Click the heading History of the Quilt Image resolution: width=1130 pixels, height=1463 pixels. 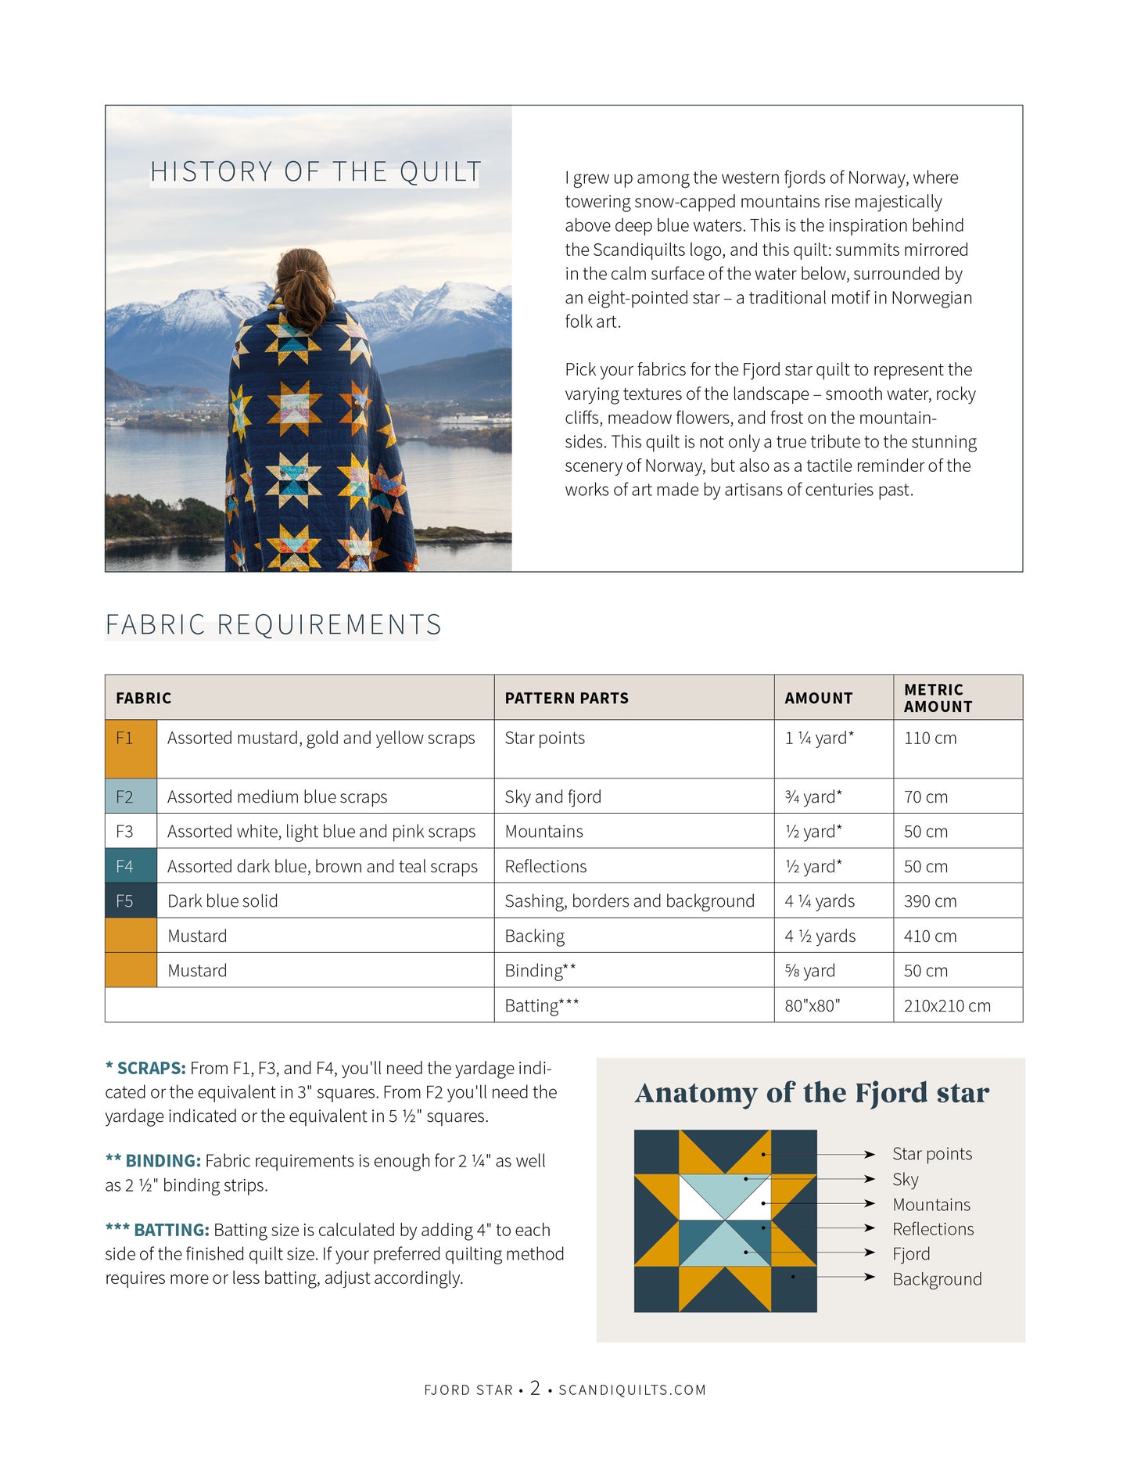click(x=315, y=171)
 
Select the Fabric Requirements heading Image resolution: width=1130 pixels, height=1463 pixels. click(x=273, y=624)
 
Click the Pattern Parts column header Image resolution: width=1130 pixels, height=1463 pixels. click(x=566, y=698)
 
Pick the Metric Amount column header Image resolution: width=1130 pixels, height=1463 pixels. click(x=938, y=698)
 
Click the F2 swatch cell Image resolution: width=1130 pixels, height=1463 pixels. click(x=131, y=796)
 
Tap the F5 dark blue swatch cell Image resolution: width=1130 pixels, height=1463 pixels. click(x=131, y=901)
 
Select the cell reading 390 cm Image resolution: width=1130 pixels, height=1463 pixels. click(x=930, y=901)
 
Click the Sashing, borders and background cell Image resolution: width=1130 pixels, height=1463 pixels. click(x=630, y=901)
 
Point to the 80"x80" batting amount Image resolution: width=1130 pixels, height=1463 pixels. click(x=812, y=1005)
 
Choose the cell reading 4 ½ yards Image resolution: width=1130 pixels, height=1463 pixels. click(x=820, y=936)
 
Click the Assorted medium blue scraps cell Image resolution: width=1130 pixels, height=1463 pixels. click(x=277, y=796)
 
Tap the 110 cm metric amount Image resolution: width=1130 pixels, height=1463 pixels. click(x=930, y=738)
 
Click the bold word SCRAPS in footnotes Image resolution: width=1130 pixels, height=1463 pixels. click(x=151, y=1068)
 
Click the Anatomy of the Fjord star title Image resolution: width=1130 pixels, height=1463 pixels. click(x=812, y=1093)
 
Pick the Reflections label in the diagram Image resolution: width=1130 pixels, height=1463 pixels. click(x=933, y=1229)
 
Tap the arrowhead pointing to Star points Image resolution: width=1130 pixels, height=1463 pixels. click(x=870, y=1154)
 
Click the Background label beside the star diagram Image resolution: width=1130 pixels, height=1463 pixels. click(x=937, y=1279)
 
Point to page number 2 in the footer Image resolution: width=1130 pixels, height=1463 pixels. click(x=535, y=1389)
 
